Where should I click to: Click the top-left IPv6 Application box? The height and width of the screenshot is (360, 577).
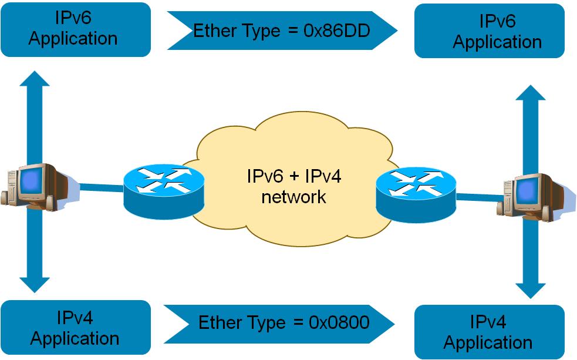point(76,29)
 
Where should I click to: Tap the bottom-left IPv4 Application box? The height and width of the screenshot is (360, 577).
point(76,328)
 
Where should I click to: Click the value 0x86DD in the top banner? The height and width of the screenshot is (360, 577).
point(337,31)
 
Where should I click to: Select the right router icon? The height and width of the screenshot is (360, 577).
point(416,191)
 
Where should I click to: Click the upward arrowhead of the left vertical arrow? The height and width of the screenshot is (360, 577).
point(35,80)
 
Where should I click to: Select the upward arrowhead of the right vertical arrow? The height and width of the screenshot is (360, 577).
point(529,94)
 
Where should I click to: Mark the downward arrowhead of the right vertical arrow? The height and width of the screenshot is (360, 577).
point(529,290)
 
